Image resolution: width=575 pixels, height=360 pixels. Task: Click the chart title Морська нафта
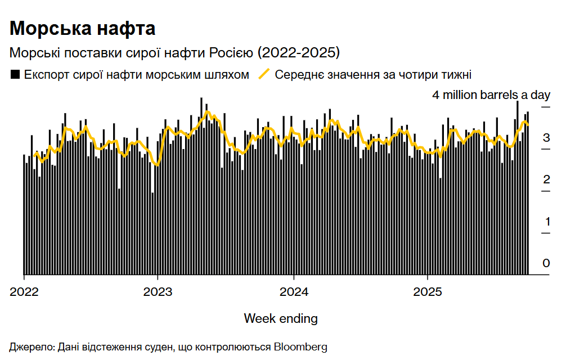pyautogui.click(x=82, y=29)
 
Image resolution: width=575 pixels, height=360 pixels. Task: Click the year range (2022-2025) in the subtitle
pyautogui.click(x=299, y=53)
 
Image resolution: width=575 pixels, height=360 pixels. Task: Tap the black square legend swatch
pyautogui.click(x=16, y=74)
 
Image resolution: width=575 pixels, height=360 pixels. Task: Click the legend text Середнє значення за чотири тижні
pyautogui.click(x=373, y=74)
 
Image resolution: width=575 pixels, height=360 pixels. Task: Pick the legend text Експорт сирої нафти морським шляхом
pyautogui.click(x=136, y=74)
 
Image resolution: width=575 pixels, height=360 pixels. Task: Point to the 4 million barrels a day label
pyautogui.click(x=491, y=95)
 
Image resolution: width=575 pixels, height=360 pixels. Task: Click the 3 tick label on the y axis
pyautogui.click(x=546, y=138)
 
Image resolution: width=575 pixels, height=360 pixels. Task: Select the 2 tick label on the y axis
pyautogui.click(x=546, y=180)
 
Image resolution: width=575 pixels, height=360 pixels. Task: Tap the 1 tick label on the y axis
pyautogui.click(x=546, y=222)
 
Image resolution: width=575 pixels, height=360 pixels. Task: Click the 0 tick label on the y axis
pyautogui.click(x=546, y=263)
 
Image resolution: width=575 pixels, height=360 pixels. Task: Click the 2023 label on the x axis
pyautogui.click(x=158, y=292)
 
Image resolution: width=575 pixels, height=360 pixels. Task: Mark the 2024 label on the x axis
pyautogui.click(x=293, y=292)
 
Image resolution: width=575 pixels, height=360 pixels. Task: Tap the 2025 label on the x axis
pyautogui.click(x=428, y=292)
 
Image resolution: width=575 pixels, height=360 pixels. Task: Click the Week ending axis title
pyautogui.click(x=280, y=319)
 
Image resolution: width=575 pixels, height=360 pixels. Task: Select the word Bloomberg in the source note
pyautogui.click(x=300, y=346)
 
